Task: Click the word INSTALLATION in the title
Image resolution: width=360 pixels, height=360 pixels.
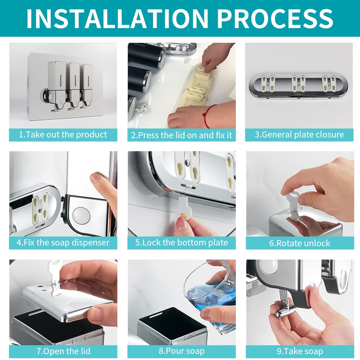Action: tap(117, 19)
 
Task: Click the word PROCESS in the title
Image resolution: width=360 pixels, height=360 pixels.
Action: tap(275, 19)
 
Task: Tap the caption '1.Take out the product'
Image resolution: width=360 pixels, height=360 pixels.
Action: tap(63, 135)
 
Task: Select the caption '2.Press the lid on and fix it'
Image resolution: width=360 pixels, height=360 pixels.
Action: tap(181, 135)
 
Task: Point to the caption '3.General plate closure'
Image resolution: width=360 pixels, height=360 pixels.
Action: tap(300, 135)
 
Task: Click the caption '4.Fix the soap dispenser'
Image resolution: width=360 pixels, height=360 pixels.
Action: tap(63, 243)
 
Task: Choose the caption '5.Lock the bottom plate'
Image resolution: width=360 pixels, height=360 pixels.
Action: tap(181, 243)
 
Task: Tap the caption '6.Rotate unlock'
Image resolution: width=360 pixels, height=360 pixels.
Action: tap(300, 243)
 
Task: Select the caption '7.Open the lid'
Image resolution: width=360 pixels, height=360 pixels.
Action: tap(63, 351)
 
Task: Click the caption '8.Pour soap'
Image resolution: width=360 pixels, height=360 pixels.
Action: tap(181, 351)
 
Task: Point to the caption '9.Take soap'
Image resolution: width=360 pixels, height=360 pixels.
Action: tap(300, 351)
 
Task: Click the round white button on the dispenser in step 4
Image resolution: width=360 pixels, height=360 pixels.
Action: tap(81, 215)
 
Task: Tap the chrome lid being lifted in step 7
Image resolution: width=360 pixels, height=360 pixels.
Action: tap(69, 301)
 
